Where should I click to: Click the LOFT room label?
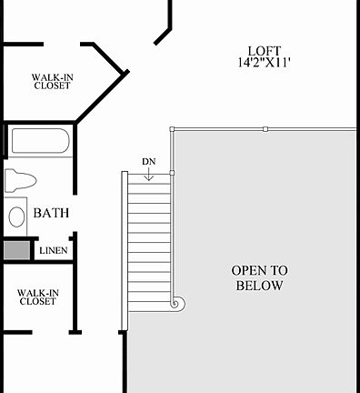coord(264,50)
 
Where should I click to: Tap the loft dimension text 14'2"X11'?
coord(264,63)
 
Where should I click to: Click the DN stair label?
coord(149,162)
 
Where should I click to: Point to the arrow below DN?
coord(149,175)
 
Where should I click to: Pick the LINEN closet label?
coord(53,249)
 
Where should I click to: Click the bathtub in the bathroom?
coord(39,143)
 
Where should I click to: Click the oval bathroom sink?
coord(16,217)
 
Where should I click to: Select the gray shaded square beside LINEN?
coord(15,249)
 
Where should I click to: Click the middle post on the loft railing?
coord(265,129)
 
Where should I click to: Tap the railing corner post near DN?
coord(171,129)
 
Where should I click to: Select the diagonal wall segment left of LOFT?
coord(162,35)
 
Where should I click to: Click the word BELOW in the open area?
coord(259,286)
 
